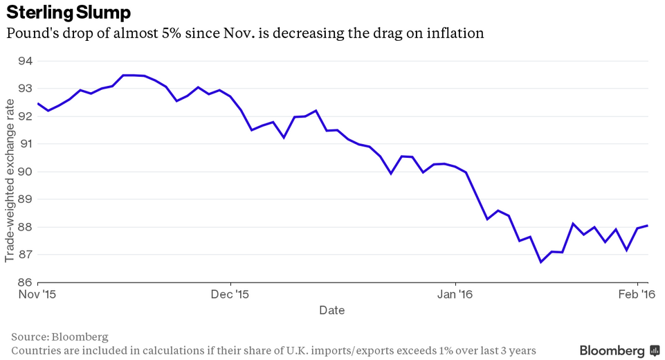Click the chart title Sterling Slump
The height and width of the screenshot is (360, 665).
69,12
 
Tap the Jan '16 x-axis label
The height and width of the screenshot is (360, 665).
455,294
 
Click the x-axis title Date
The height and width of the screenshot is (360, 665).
332,310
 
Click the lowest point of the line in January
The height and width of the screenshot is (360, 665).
540,262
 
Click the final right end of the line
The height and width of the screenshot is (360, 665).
647,225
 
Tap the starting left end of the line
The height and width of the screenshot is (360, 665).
37,103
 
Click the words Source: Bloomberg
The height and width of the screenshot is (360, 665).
60,336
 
